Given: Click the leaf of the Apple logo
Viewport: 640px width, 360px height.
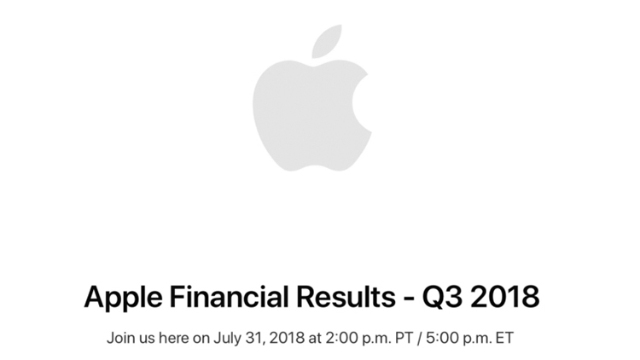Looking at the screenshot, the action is pyautogui.click(x=326, y=42).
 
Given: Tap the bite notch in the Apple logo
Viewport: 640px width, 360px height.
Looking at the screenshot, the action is pyautogui.click(x=361, y=102).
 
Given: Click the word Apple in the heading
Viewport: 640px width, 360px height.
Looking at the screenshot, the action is pyautogui.click(x=123, y=298).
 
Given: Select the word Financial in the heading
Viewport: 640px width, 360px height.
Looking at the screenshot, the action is pyautogui.click(x=229, y=296).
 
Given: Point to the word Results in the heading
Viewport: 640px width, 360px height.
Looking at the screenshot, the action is pyautogui.click(x=346, y=296).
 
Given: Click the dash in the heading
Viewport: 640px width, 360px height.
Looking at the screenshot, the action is pyautogui.click(x=409, y=299).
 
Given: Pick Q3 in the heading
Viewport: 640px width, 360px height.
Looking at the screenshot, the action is pyautogui.click(x=442, y=297).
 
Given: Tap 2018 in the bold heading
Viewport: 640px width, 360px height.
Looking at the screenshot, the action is pyautogui.click(x=505, y=296).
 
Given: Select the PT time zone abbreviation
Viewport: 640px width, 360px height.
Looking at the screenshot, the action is pyautogui.click(x=402, y=339).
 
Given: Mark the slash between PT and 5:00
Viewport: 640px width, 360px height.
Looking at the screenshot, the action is pyautogui.click(x=418, y=339).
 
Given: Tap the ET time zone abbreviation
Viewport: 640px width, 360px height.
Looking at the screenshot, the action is pyautogui.click(x=503, y=339).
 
